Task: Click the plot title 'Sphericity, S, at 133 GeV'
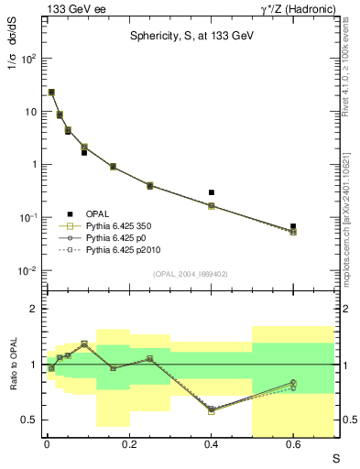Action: [x=190, y=38]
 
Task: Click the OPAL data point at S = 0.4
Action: [x=212, y=192]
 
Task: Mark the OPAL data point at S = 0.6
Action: [x=293, y=225]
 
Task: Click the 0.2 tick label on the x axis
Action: [x=129, y=444]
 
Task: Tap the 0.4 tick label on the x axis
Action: [x=212, y=444]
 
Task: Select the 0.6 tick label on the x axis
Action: [x=293, y=444]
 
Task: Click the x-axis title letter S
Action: [x=336, y=457]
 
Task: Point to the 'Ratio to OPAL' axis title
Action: [x=12, y=365]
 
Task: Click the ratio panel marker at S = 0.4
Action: [x=212, y=410]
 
